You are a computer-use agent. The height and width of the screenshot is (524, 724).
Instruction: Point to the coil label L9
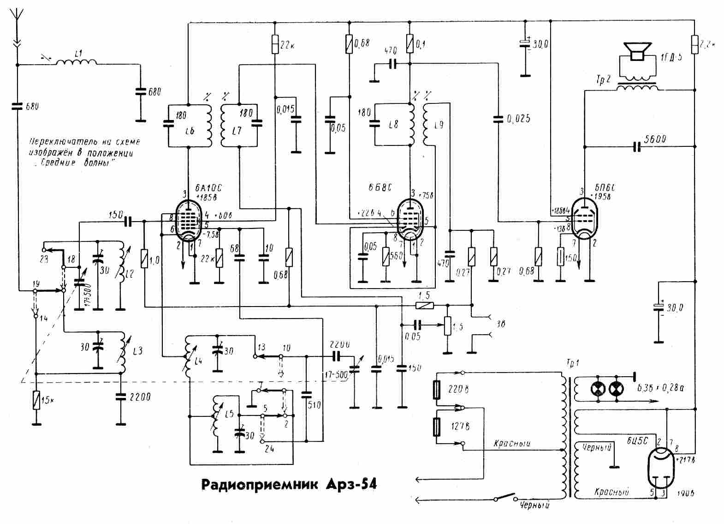pyautogui.click(x=439, y=125)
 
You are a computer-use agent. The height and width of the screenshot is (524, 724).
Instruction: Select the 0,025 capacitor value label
pyautogui.click(x=518, y=119)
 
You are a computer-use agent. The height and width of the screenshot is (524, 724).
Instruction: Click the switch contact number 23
pyautogui.click(x=44, y=259)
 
